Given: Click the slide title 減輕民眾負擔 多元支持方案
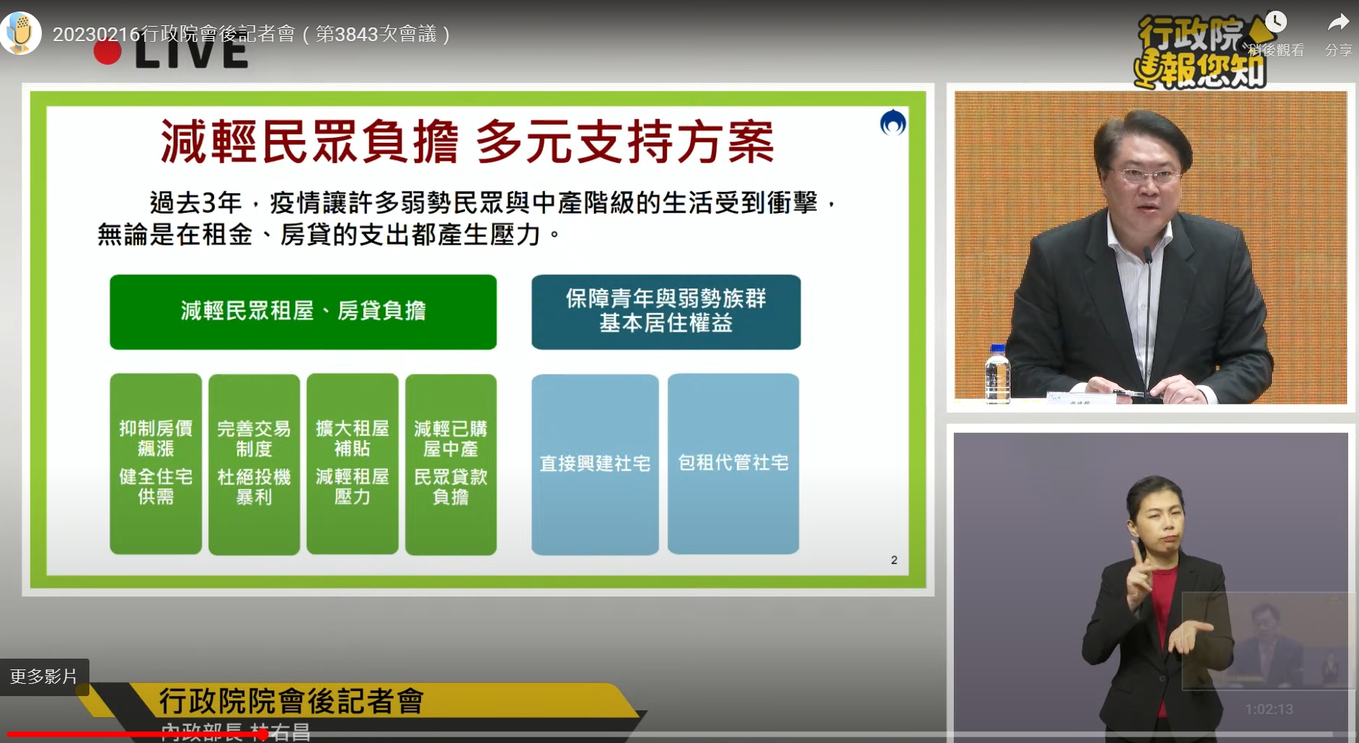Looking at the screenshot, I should [466, 141].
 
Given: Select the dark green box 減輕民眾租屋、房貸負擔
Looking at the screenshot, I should [303, 312].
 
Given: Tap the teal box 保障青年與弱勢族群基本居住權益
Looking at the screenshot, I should [665, 312].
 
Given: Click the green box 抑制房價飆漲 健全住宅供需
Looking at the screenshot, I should [156, 463].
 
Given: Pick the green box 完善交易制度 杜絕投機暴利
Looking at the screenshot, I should [254, 463].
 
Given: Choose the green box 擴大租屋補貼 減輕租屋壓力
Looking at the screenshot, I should [353, 463].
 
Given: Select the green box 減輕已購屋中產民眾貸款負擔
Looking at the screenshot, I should [451, 463].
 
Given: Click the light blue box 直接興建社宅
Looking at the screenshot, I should [595, 463].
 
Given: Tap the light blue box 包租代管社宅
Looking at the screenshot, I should [733, 463].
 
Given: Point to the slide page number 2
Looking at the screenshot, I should [894, 560].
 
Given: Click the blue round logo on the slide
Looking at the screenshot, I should [893, 123].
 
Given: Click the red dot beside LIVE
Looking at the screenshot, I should [107, 53].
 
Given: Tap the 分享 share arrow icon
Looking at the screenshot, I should [1338, 24].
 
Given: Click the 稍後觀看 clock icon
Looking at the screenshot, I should [1275, 22].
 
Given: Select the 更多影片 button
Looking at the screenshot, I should [44, 677].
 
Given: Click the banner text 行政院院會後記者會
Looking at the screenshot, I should [291, 700].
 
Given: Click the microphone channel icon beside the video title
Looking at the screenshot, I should [21, 33].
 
